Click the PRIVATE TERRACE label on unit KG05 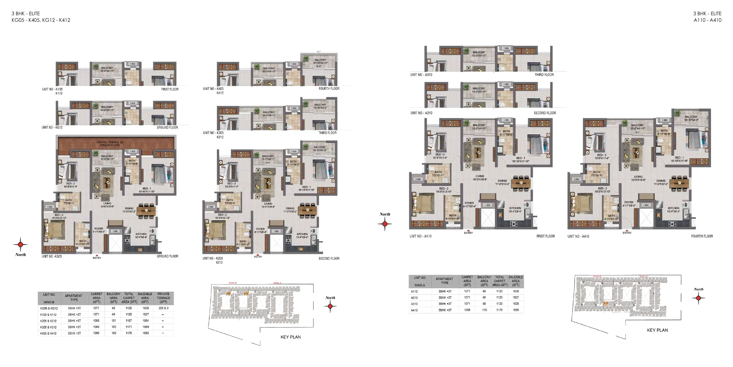point(110,143)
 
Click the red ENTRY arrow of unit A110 point(468,230)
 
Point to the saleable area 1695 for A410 point(516,310)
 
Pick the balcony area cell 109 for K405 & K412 point(114,333)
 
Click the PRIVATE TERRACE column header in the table point(163,298)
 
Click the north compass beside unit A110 point(385,224)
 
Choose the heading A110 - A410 point(707,20)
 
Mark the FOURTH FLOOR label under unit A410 point(702,236)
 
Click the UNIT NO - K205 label point(213,259)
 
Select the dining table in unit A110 point(521,183)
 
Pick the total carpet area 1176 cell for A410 point(499,310)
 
